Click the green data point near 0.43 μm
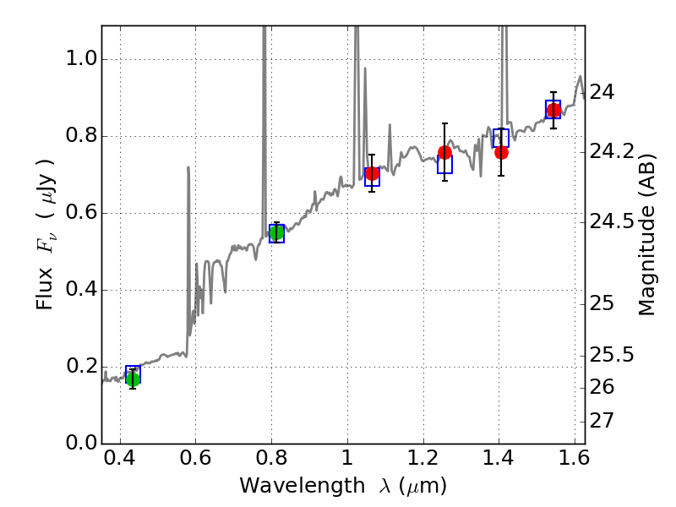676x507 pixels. (x=133, y=379)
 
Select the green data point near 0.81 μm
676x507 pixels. (x=276, y=232)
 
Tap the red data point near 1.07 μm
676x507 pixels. (x=372, y=174)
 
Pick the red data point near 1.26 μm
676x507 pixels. (x=444, y=153)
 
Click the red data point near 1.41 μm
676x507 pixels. (x=501, y=153)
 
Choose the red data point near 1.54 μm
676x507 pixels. (x=553, y=111)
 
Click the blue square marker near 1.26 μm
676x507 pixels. (x=444, y=165)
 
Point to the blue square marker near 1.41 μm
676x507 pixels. (x=501, y=139)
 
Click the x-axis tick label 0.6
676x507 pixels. (x=195, y=461)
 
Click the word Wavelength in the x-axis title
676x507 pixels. (x=287, y=487)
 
